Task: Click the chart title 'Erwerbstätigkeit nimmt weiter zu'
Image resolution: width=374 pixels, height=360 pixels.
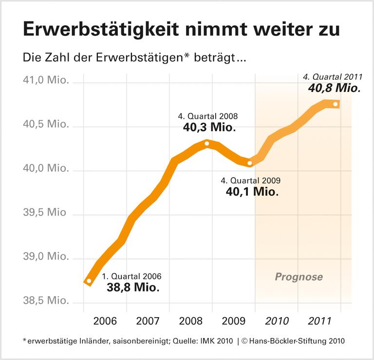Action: [x=181, y=29]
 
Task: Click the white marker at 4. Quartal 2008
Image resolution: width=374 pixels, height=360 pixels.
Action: [x=207, y=144]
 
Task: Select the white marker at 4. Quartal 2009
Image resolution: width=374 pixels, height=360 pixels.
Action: [x=250, y=163]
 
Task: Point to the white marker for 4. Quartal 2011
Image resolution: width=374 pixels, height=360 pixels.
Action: [x=336, y=104]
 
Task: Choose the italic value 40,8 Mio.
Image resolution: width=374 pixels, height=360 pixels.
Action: [x=334, y=89]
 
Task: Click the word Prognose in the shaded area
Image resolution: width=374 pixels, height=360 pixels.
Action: [x=299, y=277]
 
